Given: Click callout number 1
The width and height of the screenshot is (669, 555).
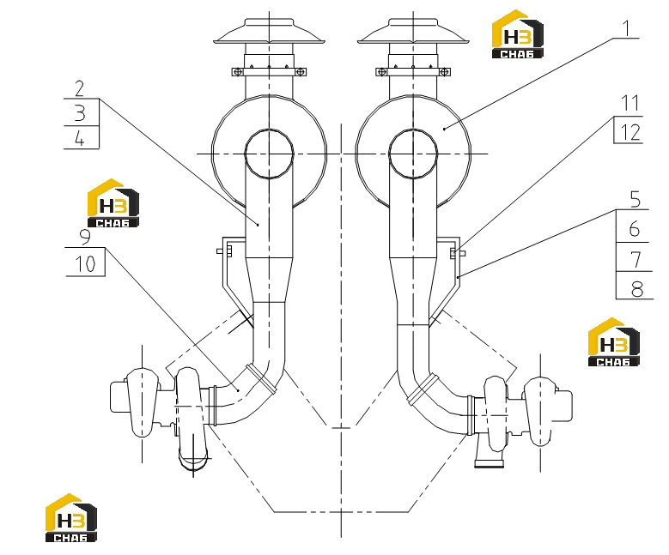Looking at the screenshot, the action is click(626, 28).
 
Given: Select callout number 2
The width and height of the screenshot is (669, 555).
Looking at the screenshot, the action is click(80, 88).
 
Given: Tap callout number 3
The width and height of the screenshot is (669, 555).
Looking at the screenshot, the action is click(80, 113).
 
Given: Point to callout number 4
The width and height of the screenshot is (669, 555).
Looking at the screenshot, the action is click(80, 139).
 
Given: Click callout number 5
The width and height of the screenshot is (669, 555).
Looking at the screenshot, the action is click(635, 199).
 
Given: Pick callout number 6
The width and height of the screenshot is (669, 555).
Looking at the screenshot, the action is click(635, 229).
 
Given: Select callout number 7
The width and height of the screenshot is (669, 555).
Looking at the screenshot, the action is click(636, 259).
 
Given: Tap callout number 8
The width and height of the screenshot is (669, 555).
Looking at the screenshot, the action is click(636, 289).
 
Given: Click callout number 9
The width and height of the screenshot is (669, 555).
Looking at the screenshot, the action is click(85, 237).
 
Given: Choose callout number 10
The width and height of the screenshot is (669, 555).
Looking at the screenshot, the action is click(85, 264).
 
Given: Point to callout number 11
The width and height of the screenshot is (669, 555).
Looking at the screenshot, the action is click(630, 104).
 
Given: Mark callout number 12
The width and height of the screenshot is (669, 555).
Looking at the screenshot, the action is click(630, 132).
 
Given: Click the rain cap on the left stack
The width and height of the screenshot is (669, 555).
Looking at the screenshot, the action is click(269, 31).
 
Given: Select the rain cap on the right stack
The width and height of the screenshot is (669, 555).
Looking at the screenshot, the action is click(413, 31).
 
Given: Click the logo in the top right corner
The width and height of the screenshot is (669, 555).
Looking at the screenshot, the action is click(518, 34).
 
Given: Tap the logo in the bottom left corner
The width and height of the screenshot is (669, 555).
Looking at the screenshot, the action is click(71, 518).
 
